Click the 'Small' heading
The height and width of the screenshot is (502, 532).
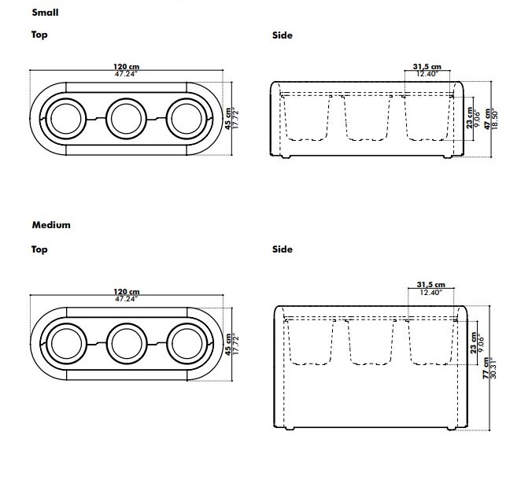click(45, 13)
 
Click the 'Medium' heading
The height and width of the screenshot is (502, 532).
click(51, 225)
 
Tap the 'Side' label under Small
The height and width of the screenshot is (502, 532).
click(283, 35)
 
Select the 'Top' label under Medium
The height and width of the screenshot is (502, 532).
click(39, 249)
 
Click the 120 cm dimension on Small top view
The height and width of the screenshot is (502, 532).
click(126, 66)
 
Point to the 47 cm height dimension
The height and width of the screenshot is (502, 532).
click(488, 119)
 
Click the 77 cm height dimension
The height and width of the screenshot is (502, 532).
click(486, 368)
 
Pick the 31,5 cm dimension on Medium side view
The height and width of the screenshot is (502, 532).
click(431, 285)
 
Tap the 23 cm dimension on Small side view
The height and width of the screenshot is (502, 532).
click(470, 118)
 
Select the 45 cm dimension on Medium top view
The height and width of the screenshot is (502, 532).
click(228, 345)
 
